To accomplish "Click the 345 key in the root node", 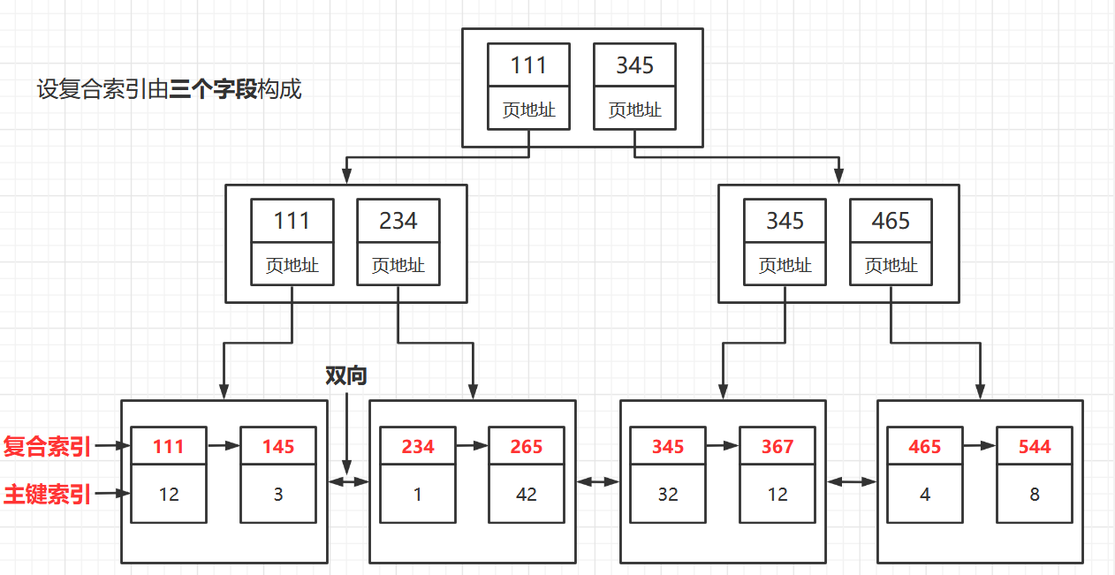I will click(634, 65).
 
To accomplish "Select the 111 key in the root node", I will click(528, 65).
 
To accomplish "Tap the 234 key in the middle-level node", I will click(398, 220).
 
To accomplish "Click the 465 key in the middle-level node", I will click(891, 220).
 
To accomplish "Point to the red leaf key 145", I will click(277, 447).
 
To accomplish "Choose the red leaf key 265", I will click(526, 447).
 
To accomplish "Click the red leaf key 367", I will click(777, 447).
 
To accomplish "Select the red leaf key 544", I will click(1034, 447).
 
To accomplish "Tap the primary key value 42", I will click(526, 495).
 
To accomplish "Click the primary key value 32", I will click(667, 495).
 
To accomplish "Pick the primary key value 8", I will click(1034, 495).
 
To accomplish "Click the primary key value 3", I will click(277, 495).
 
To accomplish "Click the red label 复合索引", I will click(47, 447).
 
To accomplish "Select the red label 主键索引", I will click(47, 495).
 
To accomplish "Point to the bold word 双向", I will click(345, 375).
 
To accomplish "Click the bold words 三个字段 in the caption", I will click(213, 89).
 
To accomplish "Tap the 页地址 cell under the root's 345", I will click(634, 110).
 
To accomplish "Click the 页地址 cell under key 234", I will click(398, 265).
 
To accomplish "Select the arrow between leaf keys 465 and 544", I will click(979, 447).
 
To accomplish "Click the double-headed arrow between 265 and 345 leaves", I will click(597, 482).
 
